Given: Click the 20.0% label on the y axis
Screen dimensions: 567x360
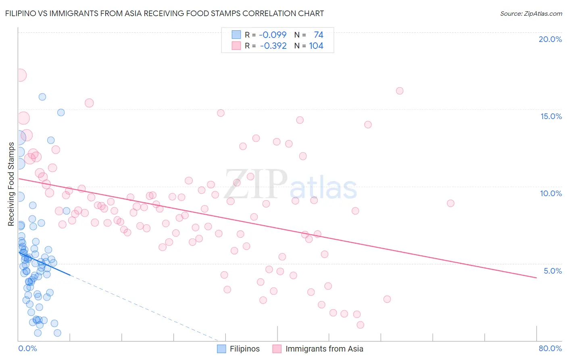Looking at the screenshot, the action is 550,39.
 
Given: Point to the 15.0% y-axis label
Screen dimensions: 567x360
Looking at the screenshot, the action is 551,116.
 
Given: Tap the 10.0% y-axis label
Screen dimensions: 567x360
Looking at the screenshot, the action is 551,194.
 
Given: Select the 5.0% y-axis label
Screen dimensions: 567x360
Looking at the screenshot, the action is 552,271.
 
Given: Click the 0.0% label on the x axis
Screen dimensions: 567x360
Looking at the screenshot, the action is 27,348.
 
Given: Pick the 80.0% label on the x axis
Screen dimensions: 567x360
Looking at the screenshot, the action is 550,348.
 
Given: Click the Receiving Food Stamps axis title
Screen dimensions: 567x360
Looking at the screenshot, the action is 11,184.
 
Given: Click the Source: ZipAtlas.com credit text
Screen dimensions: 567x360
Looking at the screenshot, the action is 531,14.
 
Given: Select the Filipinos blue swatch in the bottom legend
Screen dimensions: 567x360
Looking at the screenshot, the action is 221,349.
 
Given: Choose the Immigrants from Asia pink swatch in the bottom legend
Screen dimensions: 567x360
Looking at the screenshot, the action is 277,349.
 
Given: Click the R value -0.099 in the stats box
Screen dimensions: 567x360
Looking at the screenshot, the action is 273,34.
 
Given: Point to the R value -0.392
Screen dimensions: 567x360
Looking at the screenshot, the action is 273,46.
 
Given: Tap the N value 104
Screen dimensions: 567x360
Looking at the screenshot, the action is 316,46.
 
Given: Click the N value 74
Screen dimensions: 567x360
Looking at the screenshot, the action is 319,34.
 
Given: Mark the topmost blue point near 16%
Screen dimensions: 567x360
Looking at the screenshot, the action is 42,97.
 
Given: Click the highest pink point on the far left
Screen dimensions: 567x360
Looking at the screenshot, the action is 21,75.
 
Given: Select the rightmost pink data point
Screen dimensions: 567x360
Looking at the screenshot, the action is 450,203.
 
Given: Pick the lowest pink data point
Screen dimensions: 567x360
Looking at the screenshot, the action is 360,325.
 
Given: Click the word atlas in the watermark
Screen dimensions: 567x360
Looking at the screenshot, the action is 323,188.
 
